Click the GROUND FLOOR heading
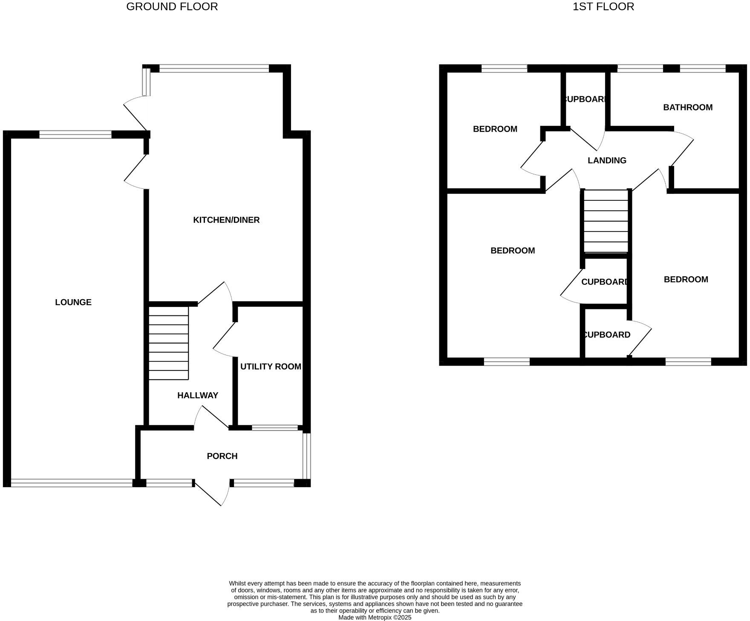[172, 7]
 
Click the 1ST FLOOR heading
[603, 7]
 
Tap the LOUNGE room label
[73, 302]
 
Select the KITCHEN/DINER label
[226, 220]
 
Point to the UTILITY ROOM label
[271, 367]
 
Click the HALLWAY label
[198, 396]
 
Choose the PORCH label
[222, 456]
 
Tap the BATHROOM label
[688, 107]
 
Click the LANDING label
[607, 161]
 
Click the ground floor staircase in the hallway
[169, 343]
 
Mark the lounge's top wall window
[75, 135]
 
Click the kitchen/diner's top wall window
[214, 68]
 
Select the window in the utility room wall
[275, 427]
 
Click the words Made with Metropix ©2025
[375, 617]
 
